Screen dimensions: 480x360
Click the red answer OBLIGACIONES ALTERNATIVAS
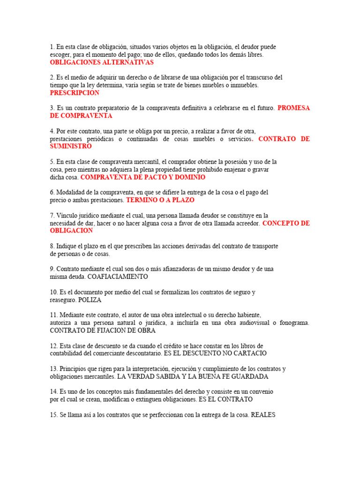102,62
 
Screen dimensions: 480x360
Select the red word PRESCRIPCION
75,93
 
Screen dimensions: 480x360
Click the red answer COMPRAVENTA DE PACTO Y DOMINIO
143,177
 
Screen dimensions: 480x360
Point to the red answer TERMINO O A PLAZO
160,200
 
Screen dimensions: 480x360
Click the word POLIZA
90,300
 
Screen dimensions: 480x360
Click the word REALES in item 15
264,414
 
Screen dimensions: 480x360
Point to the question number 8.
52,246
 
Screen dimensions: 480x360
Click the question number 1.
52,47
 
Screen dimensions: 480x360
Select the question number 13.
54,368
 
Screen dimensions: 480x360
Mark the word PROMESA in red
293,108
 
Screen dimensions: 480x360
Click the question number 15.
54,414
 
